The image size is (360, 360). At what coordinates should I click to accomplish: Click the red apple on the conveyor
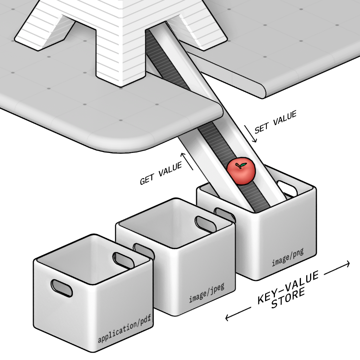241,172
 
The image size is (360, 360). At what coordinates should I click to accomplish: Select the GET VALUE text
161,174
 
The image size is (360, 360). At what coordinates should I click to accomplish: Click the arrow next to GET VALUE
187,161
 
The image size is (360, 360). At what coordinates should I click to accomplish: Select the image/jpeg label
206,294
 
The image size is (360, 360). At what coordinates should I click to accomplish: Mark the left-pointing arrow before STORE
238,314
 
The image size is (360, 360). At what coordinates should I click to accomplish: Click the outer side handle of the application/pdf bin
62,288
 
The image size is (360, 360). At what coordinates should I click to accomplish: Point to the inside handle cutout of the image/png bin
285,187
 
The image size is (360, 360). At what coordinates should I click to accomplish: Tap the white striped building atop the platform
120,35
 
